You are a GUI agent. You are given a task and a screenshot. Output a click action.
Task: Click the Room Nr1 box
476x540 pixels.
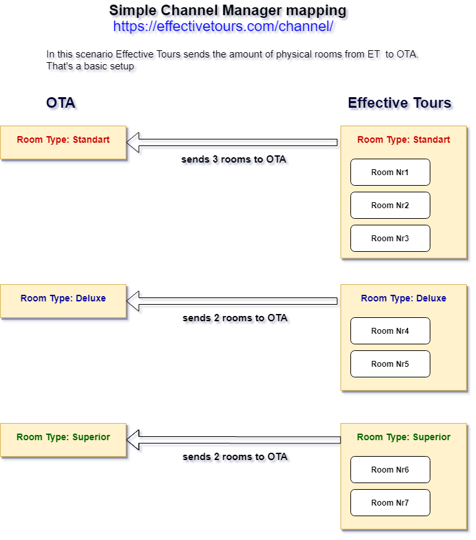tap(390, 173)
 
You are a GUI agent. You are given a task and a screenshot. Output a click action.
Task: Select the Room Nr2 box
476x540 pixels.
tap(390, 206)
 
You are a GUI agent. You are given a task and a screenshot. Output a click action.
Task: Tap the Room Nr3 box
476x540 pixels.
tap(390, 239)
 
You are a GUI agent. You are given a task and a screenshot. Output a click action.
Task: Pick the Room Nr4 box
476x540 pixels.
tap(390, 331)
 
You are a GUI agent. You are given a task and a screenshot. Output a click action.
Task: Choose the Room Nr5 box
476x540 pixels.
tap(390, 364)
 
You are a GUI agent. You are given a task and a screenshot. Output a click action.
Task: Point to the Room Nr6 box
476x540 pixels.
tap(390, 470)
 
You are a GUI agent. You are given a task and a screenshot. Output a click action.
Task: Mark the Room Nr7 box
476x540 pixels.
tap(390, 503)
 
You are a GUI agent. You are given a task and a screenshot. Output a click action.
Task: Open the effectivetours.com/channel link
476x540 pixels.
tap(223, 26)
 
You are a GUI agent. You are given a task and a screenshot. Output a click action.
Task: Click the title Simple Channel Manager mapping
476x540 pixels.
tap(227, 11)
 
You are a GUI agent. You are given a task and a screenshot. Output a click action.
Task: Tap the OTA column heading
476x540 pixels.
tap(61, 103)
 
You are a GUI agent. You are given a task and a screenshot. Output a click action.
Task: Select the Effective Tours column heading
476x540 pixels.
tap(399, 103)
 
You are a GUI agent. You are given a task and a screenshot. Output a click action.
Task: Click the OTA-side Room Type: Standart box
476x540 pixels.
tap(63, 143)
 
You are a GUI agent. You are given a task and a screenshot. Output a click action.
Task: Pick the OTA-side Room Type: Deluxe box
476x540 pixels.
tap(63, 301)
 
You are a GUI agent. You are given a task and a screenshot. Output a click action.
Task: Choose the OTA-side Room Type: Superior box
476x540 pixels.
tap(63, 440)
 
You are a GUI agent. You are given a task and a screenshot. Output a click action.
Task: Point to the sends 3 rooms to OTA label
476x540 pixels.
tap(234, 159)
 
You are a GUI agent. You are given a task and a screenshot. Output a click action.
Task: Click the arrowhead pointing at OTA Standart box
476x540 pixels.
tap(127, 142)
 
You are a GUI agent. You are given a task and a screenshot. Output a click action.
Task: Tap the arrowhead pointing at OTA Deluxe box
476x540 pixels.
tap(127, 301)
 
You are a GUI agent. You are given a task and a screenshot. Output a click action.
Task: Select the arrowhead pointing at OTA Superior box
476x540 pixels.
tap(127, 440)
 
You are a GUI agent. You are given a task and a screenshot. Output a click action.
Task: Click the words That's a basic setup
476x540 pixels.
tap(90, 66)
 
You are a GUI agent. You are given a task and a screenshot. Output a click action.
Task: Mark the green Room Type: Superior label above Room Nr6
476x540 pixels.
tap(404, 437)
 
